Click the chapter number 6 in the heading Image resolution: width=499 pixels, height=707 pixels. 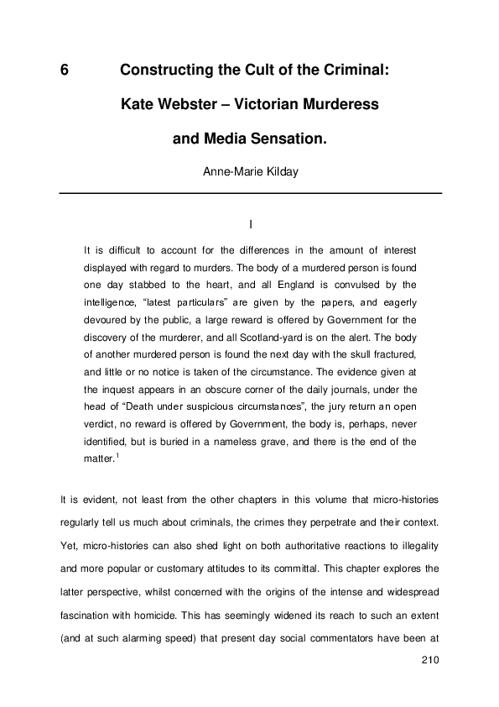pos(64,72)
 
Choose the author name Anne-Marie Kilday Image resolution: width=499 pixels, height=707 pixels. pos(249,173)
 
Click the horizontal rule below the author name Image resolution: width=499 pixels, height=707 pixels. pos(249,194)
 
